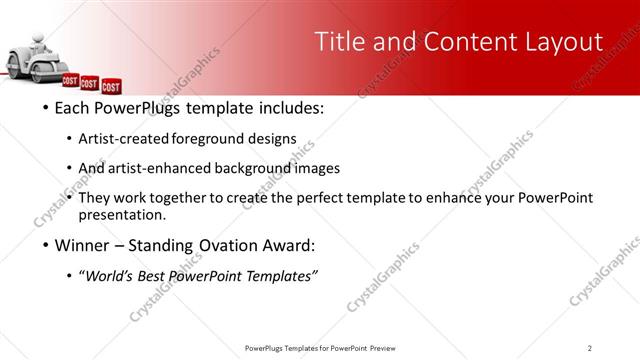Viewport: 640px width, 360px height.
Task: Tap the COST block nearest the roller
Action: point(71,80)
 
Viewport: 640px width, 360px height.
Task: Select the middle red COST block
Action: point(90,84)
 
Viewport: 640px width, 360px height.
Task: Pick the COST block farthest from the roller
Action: point(111,87)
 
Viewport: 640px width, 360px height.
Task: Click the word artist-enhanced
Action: point(157,168)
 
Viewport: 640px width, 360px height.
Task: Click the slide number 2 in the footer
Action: point(589,348)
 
